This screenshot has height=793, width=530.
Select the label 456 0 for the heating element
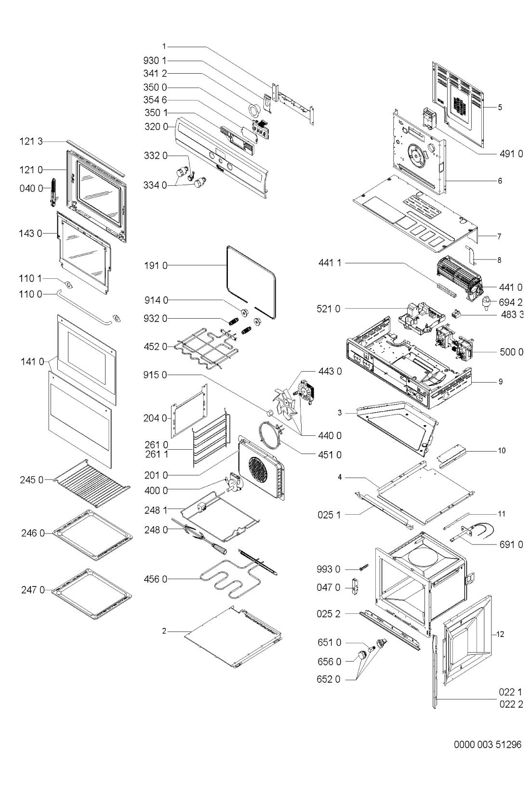(155, 579)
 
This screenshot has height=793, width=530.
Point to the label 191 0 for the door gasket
(155, 265)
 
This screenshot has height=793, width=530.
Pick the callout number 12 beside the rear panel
(500, 635)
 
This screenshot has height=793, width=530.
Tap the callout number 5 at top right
(500, 107)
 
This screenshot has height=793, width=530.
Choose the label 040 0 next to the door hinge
(31, 188)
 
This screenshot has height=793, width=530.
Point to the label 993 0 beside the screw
(329, 570)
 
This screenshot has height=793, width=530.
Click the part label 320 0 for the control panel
(155, 127)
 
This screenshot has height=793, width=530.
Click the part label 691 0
(511, 545)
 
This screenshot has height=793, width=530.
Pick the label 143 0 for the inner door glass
(31, 234)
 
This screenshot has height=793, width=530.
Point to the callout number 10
(502, 451)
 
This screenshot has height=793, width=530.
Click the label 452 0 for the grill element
(155, 347)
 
